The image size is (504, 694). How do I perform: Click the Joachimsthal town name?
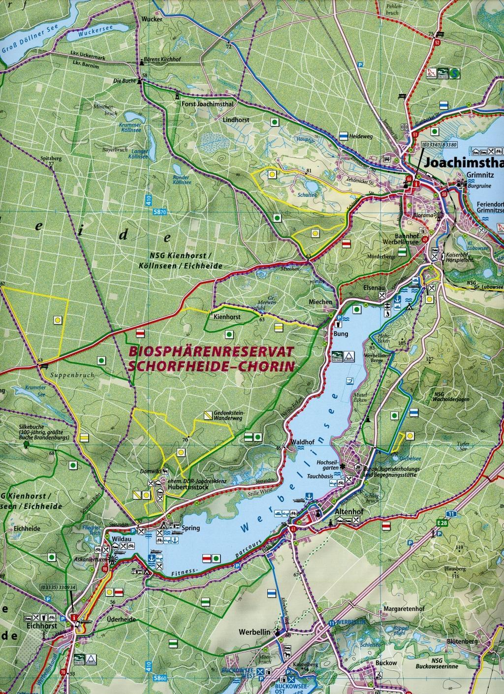point(463,162)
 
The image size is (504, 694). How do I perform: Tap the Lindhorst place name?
point(236,120)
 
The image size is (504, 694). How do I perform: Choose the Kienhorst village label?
point(227,317)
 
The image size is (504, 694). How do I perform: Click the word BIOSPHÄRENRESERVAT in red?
point(210,352)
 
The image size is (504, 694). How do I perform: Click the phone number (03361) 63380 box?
point(440,145)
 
